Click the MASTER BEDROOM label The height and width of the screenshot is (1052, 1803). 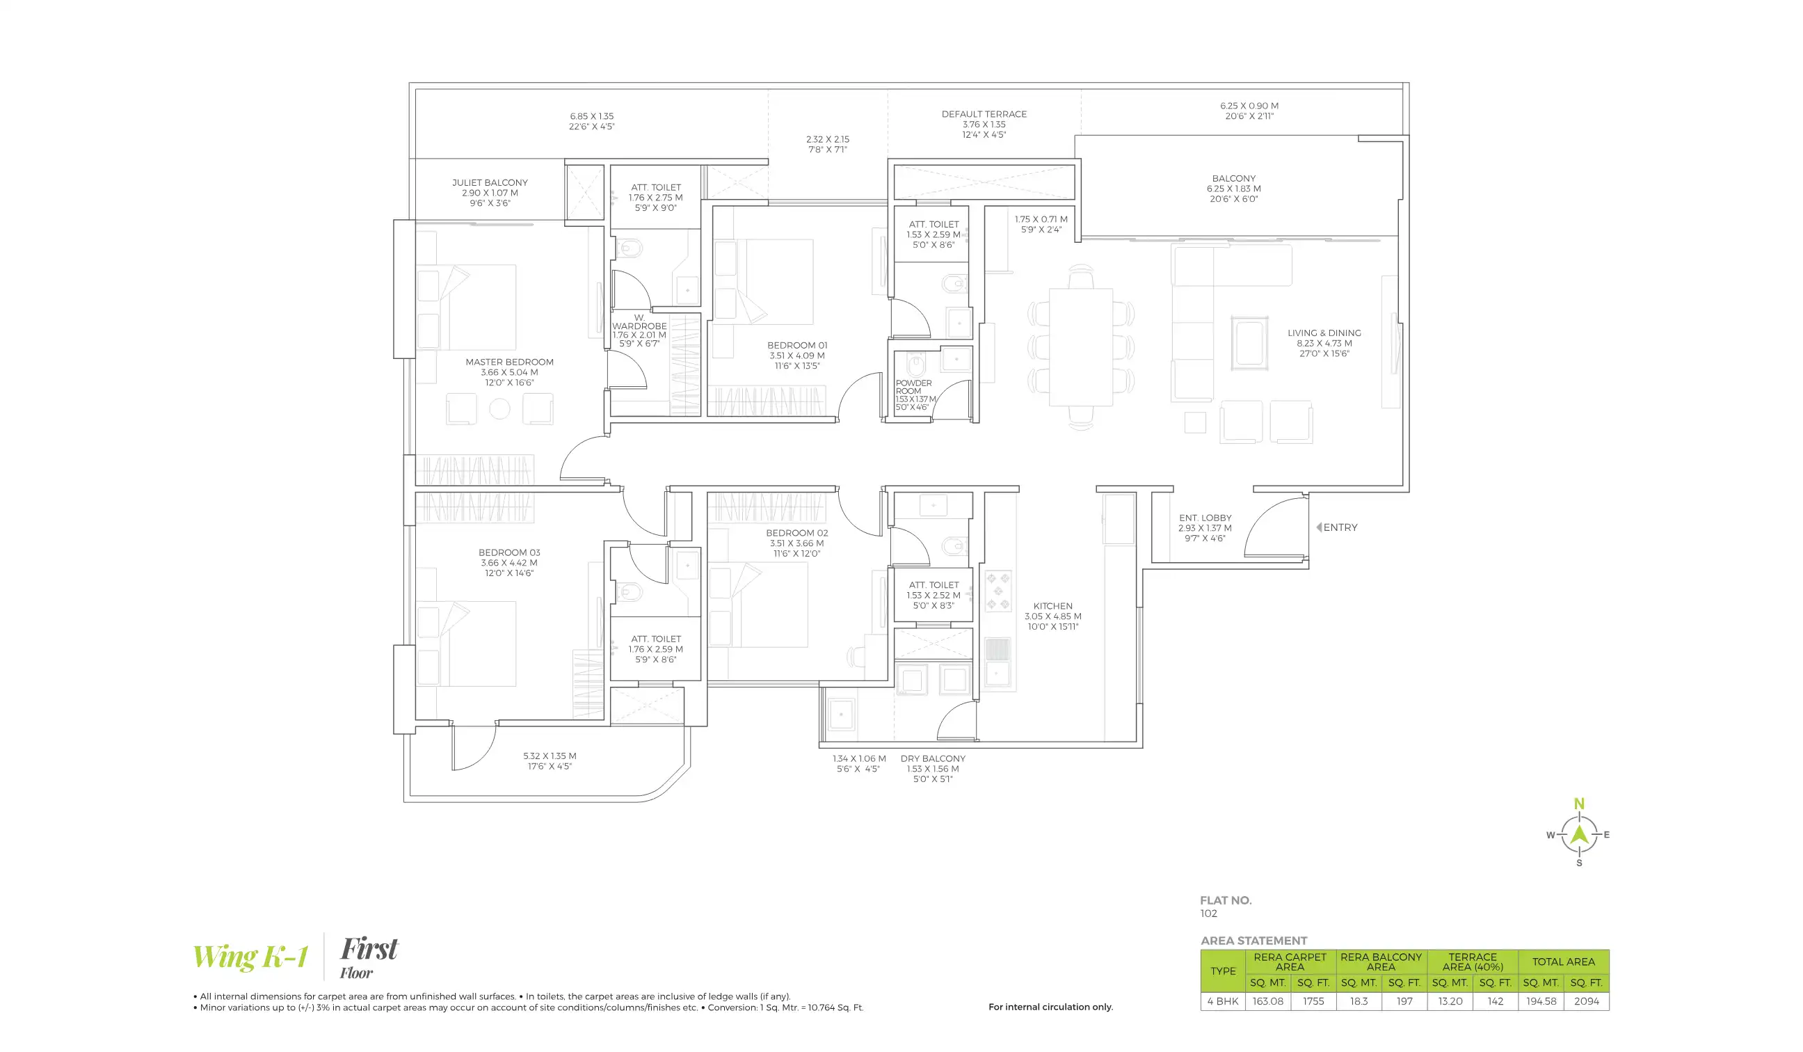pos(508,362)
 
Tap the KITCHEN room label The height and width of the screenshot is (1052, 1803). pos(1052,606)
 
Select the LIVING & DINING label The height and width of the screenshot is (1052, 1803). pos(1324,333)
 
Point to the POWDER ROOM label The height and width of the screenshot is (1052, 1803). pos(913,387)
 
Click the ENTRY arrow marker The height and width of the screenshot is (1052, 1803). pos(1319,527)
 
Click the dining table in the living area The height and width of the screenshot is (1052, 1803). pos(1080,346)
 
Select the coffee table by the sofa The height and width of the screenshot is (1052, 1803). pos(1249,344)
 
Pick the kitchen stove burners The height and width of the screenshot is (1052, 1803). pos(998,591)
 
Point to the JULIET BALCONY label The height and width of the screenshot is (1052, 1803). pos(490,182)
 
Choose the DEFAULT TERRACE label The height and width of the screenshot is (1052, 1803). pos(984,114)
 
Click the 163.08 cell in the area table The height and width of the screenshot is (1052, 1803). pos(1268,1001)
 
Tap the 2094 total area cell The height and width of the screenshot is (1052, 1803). pos(1586,1001)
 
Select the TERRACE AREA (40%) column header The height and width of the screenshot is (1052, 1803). pos(1473,961)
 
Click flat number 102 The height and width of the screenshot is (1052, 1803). pos(1208,913)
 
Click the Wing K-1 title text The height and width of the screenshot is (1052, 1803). pos(250,957)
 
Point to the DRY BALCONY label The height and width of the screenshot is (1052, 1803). pos(932,758)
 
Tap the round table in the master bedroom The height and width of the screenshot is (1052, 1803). pos(499,409)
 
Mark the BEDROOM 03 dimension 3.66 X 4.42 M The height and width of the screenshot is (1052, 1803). pos(508,563)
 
